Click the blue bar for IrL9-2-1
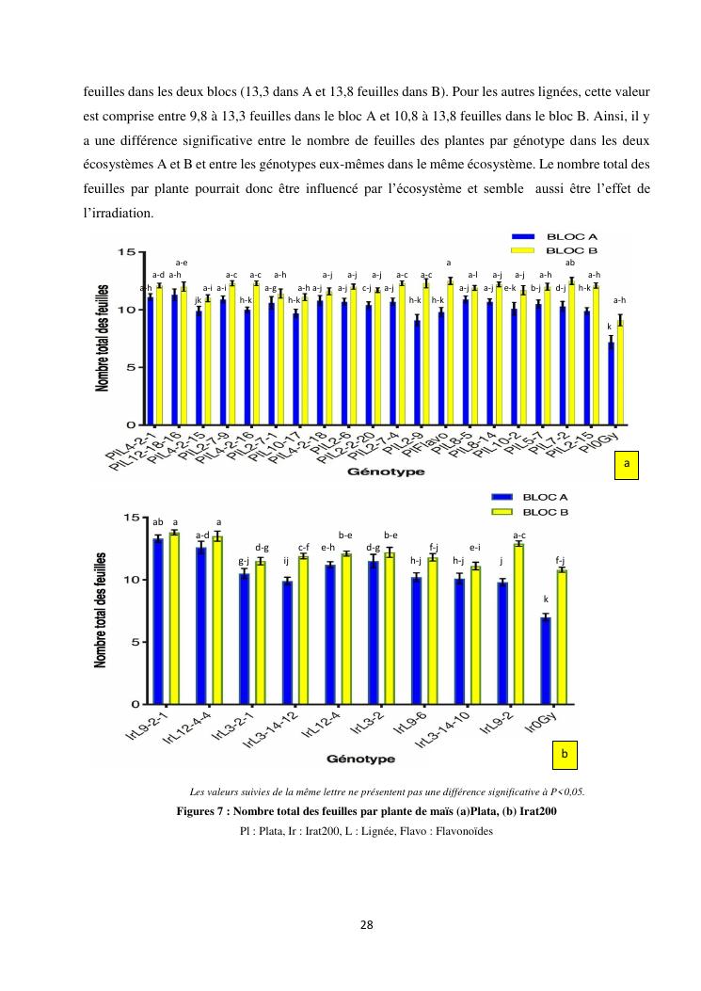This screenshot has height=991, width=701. (x=158, y=621)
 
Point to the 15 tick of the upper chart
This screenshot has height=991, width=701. (x=124, y=251)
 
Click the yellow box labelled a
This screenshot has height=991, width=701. (x=626, y=464)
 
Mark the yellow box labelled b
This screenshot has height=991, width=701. (x=565, y=754)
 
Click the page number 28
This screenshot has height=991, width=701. (x=366, y=924)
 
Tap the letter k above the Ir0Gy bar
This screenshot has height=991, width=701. (x=546, y=599)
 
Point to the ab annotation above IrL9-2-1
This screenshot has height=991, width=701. (x=158, y=521)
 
